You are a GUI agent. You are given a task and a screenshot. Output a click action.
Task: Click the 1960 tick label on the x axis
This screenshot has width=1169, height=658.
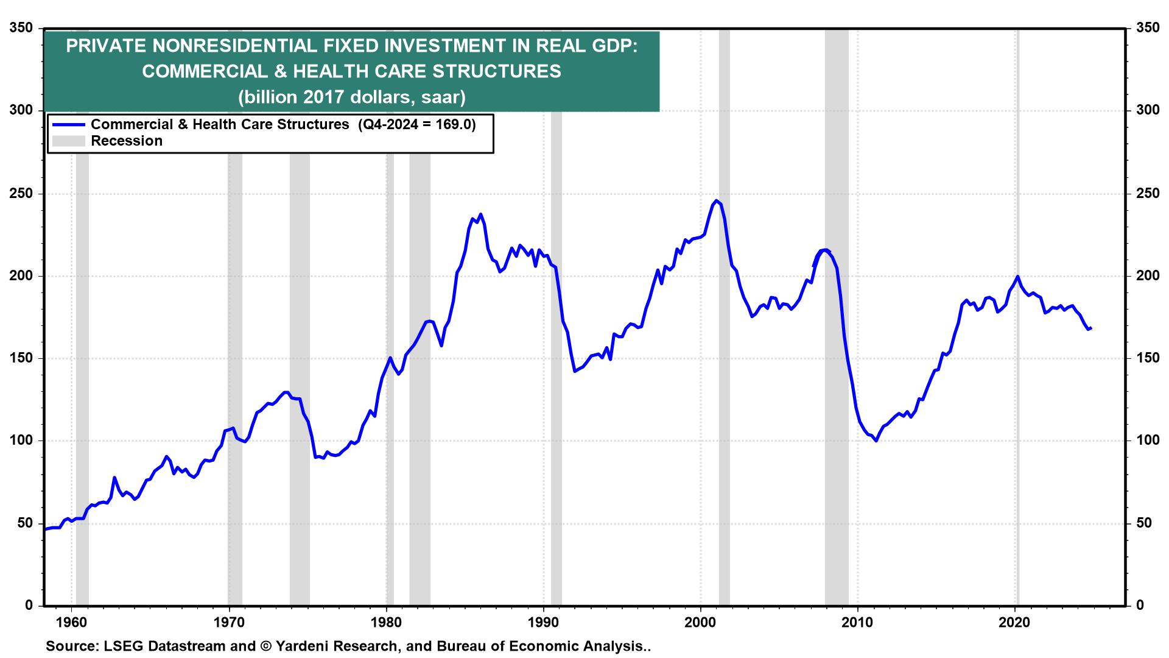pos(71,623)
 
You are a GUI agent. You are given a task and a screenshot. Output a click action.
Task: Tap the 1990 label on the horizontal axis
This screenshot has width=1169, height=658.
pos(543,623)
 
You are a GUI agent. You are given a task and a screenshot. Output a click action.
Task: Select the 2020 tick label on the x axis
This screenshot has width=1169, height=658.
pos(1014,623)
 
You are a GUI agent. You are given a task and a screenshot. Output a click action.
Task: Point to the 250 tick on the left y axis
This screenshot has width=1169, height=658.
pos(21,194)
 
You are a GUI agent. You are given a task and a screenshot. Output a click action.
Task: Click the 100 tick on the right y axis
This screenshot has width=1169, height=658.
pos(1148,440)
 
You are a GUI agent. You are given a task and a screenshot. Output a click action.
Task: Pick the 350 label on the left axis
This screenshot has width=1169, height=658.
pos(21,28)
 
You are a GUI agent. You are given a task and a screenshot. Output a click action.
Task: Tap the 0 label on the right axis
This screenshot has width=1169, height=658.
pos(1140,606)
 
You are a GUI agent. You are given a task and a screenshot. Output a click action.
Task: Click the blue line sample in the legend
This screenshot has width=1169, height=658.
pos(68,125)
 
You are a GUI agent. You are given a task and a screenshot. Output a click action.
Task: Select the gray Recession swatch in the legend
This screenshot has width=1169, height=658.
pos(68,141)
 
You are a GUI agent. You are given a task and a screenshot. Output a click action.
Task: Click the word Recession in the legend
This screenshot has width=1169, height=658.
pos(127,141)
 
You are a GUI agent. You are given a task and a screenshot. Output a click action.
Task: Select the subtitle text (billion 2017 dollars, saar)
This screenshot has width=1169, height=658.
pos(351,97)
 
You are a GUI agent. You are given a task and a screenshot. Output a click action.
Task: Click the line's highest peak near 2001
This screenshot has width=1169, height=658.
pos(716,200)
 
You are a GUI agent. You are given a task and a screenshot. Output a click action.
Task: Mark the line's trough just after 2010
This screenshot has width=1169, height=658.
pos(876,440)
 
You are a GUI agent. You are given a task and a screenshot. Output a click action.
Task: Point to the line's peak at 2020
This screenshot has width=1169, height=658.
pos(1017,277)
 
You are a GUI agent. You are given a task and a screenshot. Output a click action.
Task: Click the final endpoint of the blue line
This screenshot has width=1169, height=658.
pos(1090,328)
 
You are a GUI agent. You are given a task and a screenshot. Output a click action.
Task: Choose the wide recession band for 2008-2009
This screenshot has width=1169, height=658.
pos(837,366)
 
